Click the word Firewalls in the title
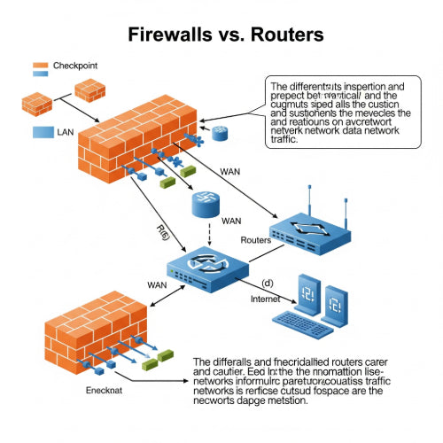[169, 35]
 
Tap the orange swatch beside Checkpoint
[39, 66]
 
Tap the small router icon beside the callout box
[219, 134]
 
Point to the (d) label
[268, 284]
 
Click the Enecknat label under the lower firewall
[103, 390]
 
